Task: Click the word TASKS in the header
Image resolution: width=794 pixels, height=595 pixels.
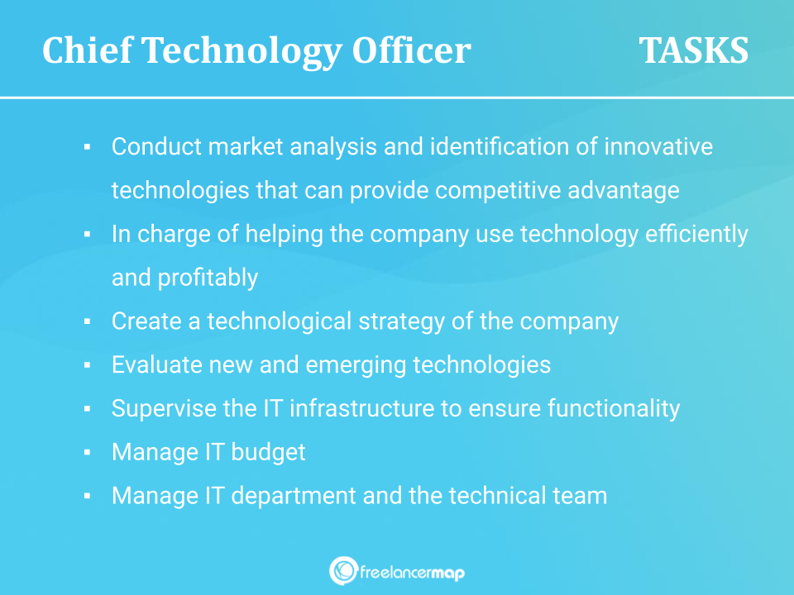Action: (693, 50)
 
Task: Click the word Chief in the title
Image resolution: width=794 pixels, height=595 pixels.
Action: (87, 50)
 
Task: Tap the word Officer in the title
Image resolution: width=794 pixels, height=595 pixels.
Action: (411, 50)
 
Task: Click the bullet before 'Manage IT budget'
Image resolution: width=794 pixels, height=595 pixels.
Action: (87, 452)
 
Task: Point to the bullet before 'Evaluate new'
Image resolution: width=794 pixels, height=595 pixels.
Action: (87, 364)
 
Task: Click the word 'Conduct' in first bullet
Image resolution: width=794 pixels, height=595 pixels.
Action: (156, 147)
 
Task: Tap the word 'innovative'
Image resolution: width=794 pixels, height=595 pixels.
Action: (658, 147)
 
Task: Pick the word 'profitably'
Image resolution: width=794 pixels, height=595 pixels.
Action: (208, 278)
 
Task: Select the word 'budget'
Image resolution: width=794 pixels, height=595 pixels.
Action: (268, 453)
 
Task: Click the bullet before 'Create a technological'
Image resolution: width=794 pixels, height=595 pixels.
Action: (87, 321)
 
